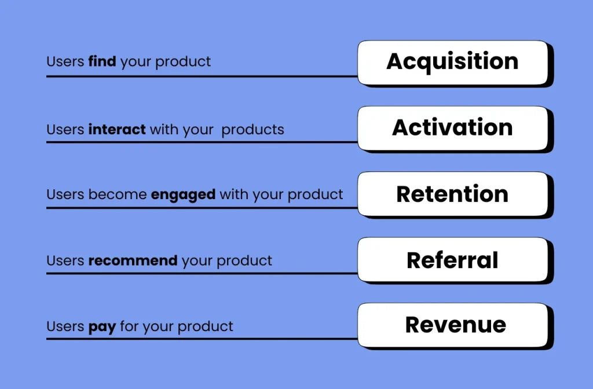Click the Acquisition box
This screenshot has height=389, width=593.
point(455,64)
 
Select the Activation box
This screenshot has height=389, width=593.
point(455,129)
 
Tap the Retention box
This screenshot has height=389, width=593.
point(455,195)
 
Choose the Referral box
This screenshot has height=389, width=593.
point(455,260)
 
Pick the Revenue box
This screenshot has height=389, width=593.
point(455,326)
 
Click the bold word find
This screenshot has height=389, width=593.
point(102,61)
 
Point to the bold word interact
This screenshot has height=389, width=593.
point(117,129)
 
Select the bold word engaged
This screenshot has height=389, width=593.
point(183,195)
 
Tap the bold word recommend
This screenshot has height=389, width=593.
point(133,260)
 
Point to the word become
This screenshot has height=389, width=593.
point(117,195)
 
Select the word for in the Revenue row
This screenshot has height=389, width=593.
point(129,326)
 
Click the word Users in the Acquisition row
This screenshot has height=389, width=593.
point(65,61)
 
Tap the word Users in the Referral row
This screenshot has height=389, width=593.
point(65,260)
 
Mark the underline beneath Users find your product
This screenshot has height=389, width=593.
point(202,76)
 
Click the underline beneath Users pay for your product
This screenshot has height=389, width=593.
point(202,339)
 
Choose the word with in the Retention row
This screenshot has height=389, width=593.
point(234,195)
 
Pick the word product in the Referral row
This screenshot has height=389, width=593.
point(244,261)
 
